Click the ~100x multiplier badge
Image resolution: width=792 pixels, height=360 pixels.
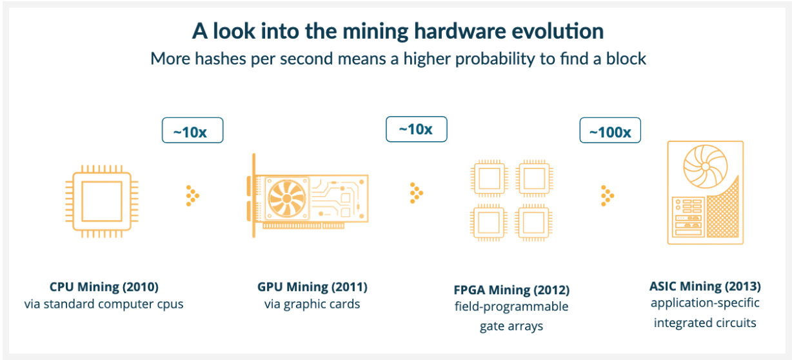[609, 132]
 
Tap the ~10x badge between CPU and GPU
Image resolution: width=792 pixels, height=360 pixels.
[192, 132]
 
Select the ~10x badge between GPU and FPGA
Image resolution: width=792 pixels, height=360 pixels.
[416, 129]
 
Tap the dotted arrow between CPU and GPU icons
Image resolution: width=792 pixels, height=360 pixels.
[192, 195]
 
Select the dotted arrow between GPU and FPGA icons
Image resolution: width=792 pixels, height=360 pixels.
[416, 193]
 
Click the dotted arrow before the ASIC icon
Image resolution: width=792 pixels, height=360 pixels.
[606, 195]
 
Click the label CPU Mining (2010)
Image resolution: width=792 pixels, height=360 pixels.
[104, 286]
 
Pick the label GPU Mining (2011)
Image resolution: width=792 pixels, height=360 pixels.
[312, 286]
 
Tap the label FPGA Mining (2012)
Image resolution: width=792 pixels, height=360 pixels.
[511, 290]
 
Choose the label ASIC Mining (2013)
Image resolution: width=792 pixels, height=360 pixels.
[705, 286]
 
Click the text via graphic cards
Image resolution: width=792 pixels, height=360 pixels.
[312, 304]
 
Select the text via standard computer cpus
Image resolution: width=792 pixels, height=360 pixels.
[104, 304]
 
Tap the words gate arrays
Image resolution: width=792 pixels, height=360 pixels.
[511, 326]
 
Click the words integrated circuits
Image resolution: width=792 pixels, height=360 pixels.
[705, 322]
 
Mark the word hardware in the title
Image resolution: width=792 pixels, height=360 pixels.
[442, 31]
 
